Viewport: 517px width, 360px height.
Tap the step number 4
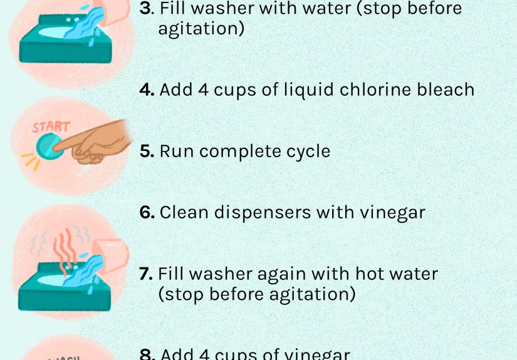click(146, 90)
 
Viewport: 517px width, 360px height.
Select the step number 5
click(146, 152)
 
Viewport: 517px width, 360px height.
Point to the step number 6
click(146, 213)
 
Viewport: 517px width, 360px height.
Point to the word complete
click(235, 152)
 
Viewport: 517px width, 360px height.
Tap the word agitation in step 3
click(201, 29)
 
